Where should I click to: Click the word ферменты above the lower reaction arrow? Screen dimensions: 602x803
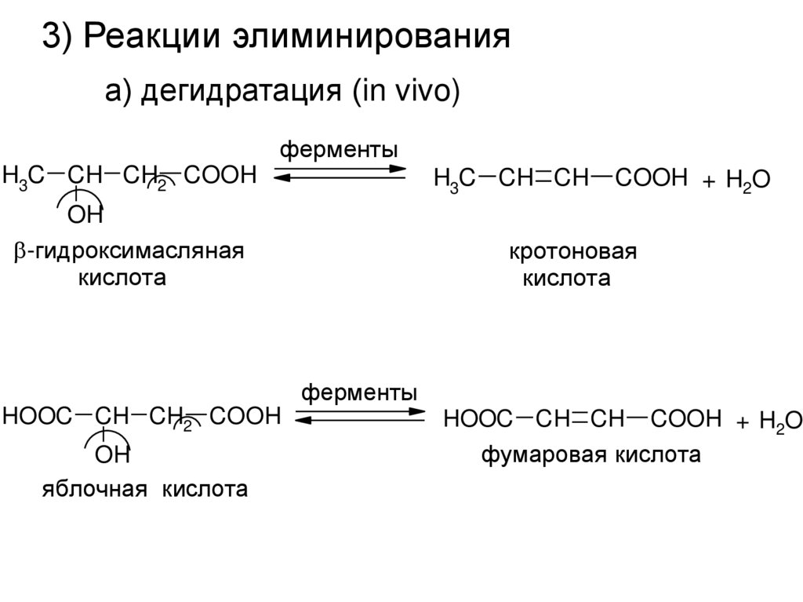pyautogui.click(x=359, y=392)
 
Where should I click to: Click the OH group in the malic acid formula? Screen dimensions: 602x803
pyautogui.click(x=112, y=454)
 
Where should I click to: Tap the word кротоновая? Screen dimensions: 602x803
pyautogui.click(x=572, y=253)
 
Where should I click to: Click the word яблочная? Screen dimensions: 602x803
pyautogui.click(x=95, y=491)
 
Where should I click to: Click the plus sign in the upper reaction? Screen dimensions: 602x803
pyautogui.click(x=709, y=182)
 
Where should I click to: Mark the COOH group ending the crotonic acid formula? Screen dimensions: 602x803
pyautogui.click(x=651, y=178)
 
